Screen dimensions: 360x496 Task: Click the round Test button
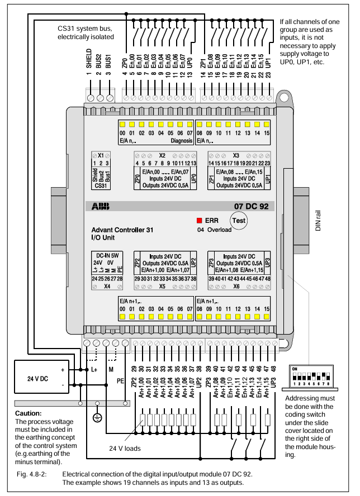239,221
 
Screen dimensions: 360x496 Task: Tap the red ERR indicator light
199,221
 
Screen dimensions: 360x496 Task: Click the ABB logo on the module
101,207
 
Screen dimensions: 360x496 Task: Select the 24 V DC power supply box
41,376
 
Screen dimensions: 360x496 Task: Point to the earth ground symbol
97,418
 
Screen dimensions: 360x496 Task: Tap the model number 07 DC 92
251,207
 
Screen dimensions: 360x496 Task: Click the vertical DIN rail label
318,221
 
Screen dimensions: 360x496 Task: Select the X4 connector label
107,287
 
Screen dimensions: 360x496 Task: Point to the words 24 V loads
125,448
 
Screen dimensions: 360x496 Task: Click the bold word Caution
28,413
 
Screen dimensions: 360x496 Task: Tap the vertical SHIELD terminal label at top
89,58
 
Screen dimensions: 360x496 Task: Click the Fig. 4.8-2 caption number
32,474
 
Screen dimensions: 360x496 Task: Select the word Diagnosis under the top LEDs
182,141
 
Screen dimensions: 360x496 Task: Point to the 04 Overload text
214,230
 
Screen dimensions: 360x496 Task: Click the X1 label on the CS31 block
101,155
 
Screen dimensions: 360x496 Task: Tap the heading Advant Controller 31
122,230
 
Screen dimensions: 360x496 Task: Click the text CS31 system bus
84,28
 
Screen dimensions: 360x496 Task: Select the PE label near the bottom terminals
120,381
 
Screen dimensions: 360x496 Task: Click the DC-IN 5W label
107,256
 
